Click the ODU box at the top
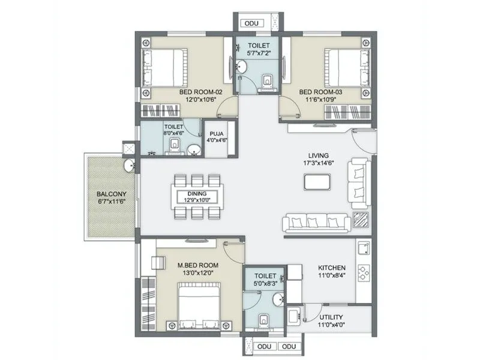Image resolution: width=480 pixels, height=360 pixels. [253, 23]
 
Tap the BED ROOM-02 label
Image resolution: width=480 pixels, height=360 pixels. [201, 92]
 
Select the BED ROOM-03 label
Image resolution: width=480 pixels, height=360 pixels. [324, 92]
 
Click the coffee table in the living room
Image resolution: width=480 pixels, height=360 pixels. [317, 181]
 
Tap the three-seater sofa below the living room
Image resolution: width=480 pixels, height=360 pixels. [316, 223]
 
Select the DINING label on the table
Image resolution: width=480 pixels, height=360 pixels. [197, 194]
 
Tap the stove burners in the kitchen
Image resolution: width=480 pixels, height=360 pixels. [364, 273]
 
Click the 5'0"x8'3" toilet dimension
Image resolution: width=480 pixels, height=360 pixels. [264, 286]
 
